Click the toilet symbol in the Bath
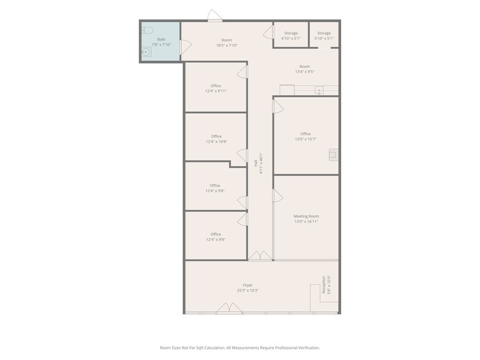pos(147,30)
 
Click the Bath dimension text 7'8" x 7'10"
pos(161,45)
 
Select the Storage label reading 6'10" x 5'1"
pos(291,36)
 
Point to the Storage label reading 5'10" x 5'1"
pos(324,36)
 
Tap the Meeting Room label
pos(306,219)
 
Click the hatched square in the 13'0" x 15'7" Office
pos(333,154)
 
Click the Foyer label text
pos(247,288)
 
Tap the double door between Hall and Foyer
pos(260,255)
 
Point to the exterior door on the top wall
pos(215,15)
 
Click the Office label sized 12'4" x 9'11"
pos(216,88)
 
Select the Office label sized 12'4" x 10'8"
pos(216,139)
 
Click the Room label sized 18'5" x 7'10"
pos(227,43)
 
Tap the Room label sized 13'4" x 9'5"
pos(304,69)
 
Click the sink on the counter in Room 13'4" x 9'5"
pos(319,91)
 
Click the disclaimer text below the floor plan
pos(240,348)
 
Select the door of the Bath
pos(185,45)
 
